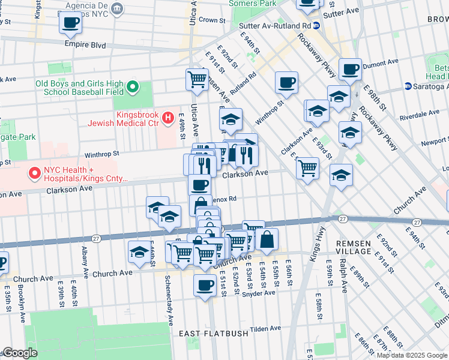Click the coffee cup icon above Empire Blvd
(70, 23)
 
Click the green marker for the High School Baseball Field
(133, 88)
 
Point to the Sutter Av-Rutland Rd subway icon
(316, 26)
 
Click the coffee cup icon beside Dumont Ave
(350, 68)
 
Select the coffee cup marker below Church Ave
(205, 284)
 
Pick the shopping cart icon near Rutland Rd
(197, 79)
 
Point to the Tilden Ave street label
(265, 328)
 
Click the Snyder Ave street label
(259, 293)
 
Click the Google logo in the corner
(20, 353)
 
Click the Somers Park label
(253, 4)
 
